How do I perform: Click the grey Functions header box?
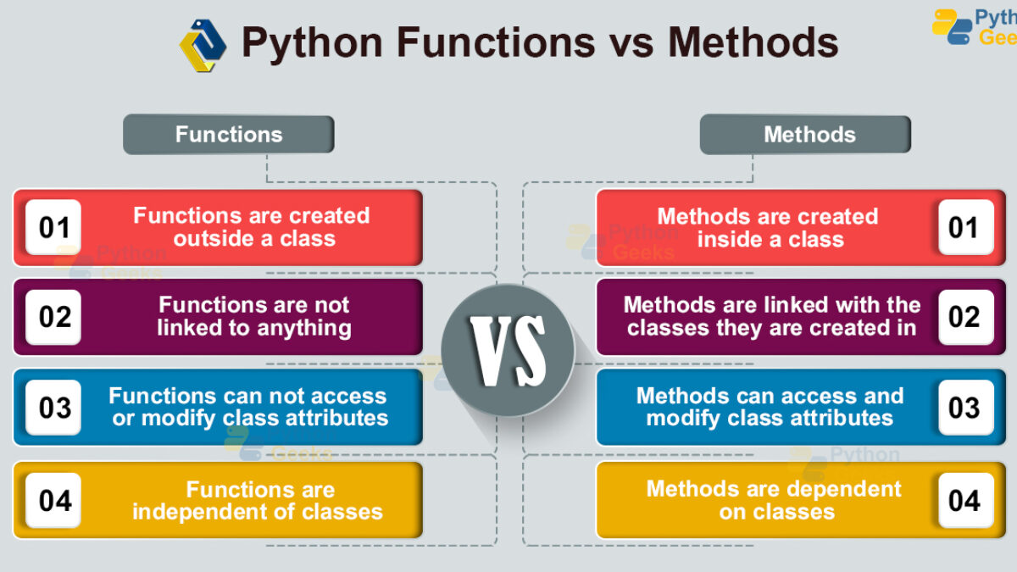pyautogui.click(x=229, y=135)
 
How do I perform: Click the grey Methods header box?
pyautogui.click(x=805, y=135)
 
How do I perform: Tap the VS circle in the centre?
pyautogui.click(x=508, y=351)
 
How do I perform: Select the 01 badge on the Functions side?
pyautogui.click(x=53, y=227)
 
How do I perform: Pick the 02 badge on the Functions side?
pyautogui.click(x=53, y=317)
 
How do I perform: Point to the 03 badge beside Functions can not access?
pyautogui.click(x=53, y=408)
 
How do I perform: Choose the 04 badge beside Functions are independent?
pyautogui.click(x=53, y=500)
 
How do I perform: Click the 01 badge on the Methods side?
pyautogui.click(x=966, y=227)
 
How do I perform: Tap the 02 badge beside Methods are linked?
pyautogui.click(x=966, y=317)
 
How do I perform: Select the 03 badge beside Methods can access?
pyautogui.click(x=966, y=408)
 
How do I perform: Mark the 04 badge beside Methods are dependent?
pyautogui.click(x=966, y=500)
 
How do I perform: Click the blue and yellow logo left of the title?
pyautogui.click(x=203, y=46)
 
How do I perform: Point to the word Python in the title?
pyautogui.click(x=313, y=43)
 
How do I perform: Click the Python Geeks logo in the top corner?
pyautogui.click(x=974, y=27)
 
